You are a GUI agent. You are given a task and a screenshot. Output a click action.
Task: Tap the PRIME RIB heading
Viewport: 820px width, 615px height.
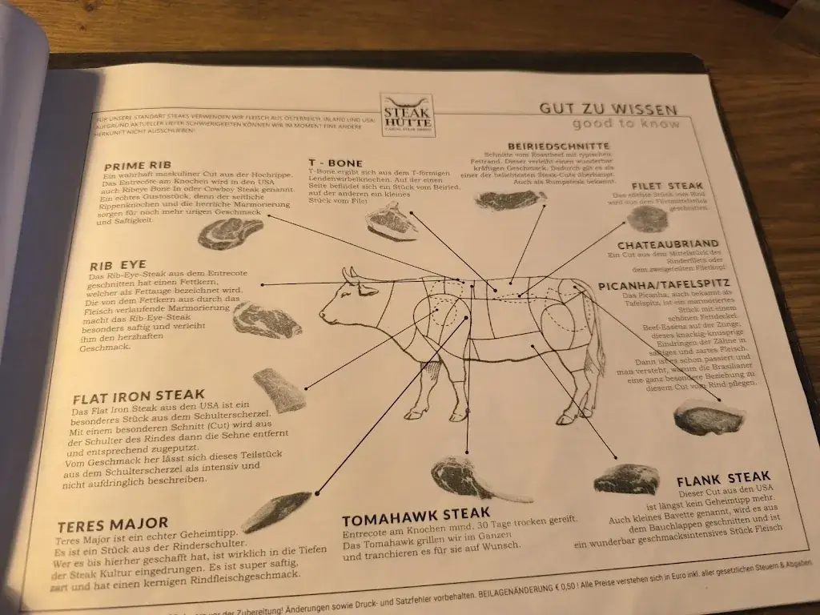coord(137,166)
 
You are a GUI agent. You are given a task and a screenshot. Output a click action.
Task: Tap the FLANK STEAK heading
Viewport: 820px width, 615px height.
coord(724,480)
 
